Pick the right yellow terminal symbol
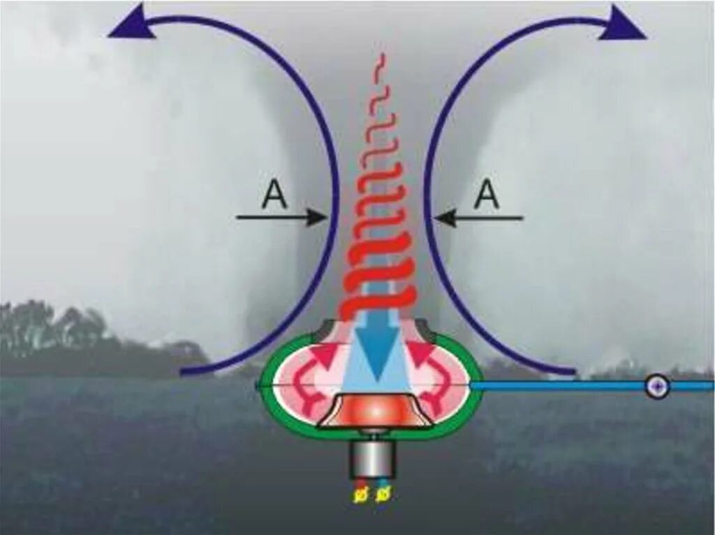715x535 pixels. pos(382,495)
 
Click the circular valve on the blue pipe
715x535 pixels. pos(657,386)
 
